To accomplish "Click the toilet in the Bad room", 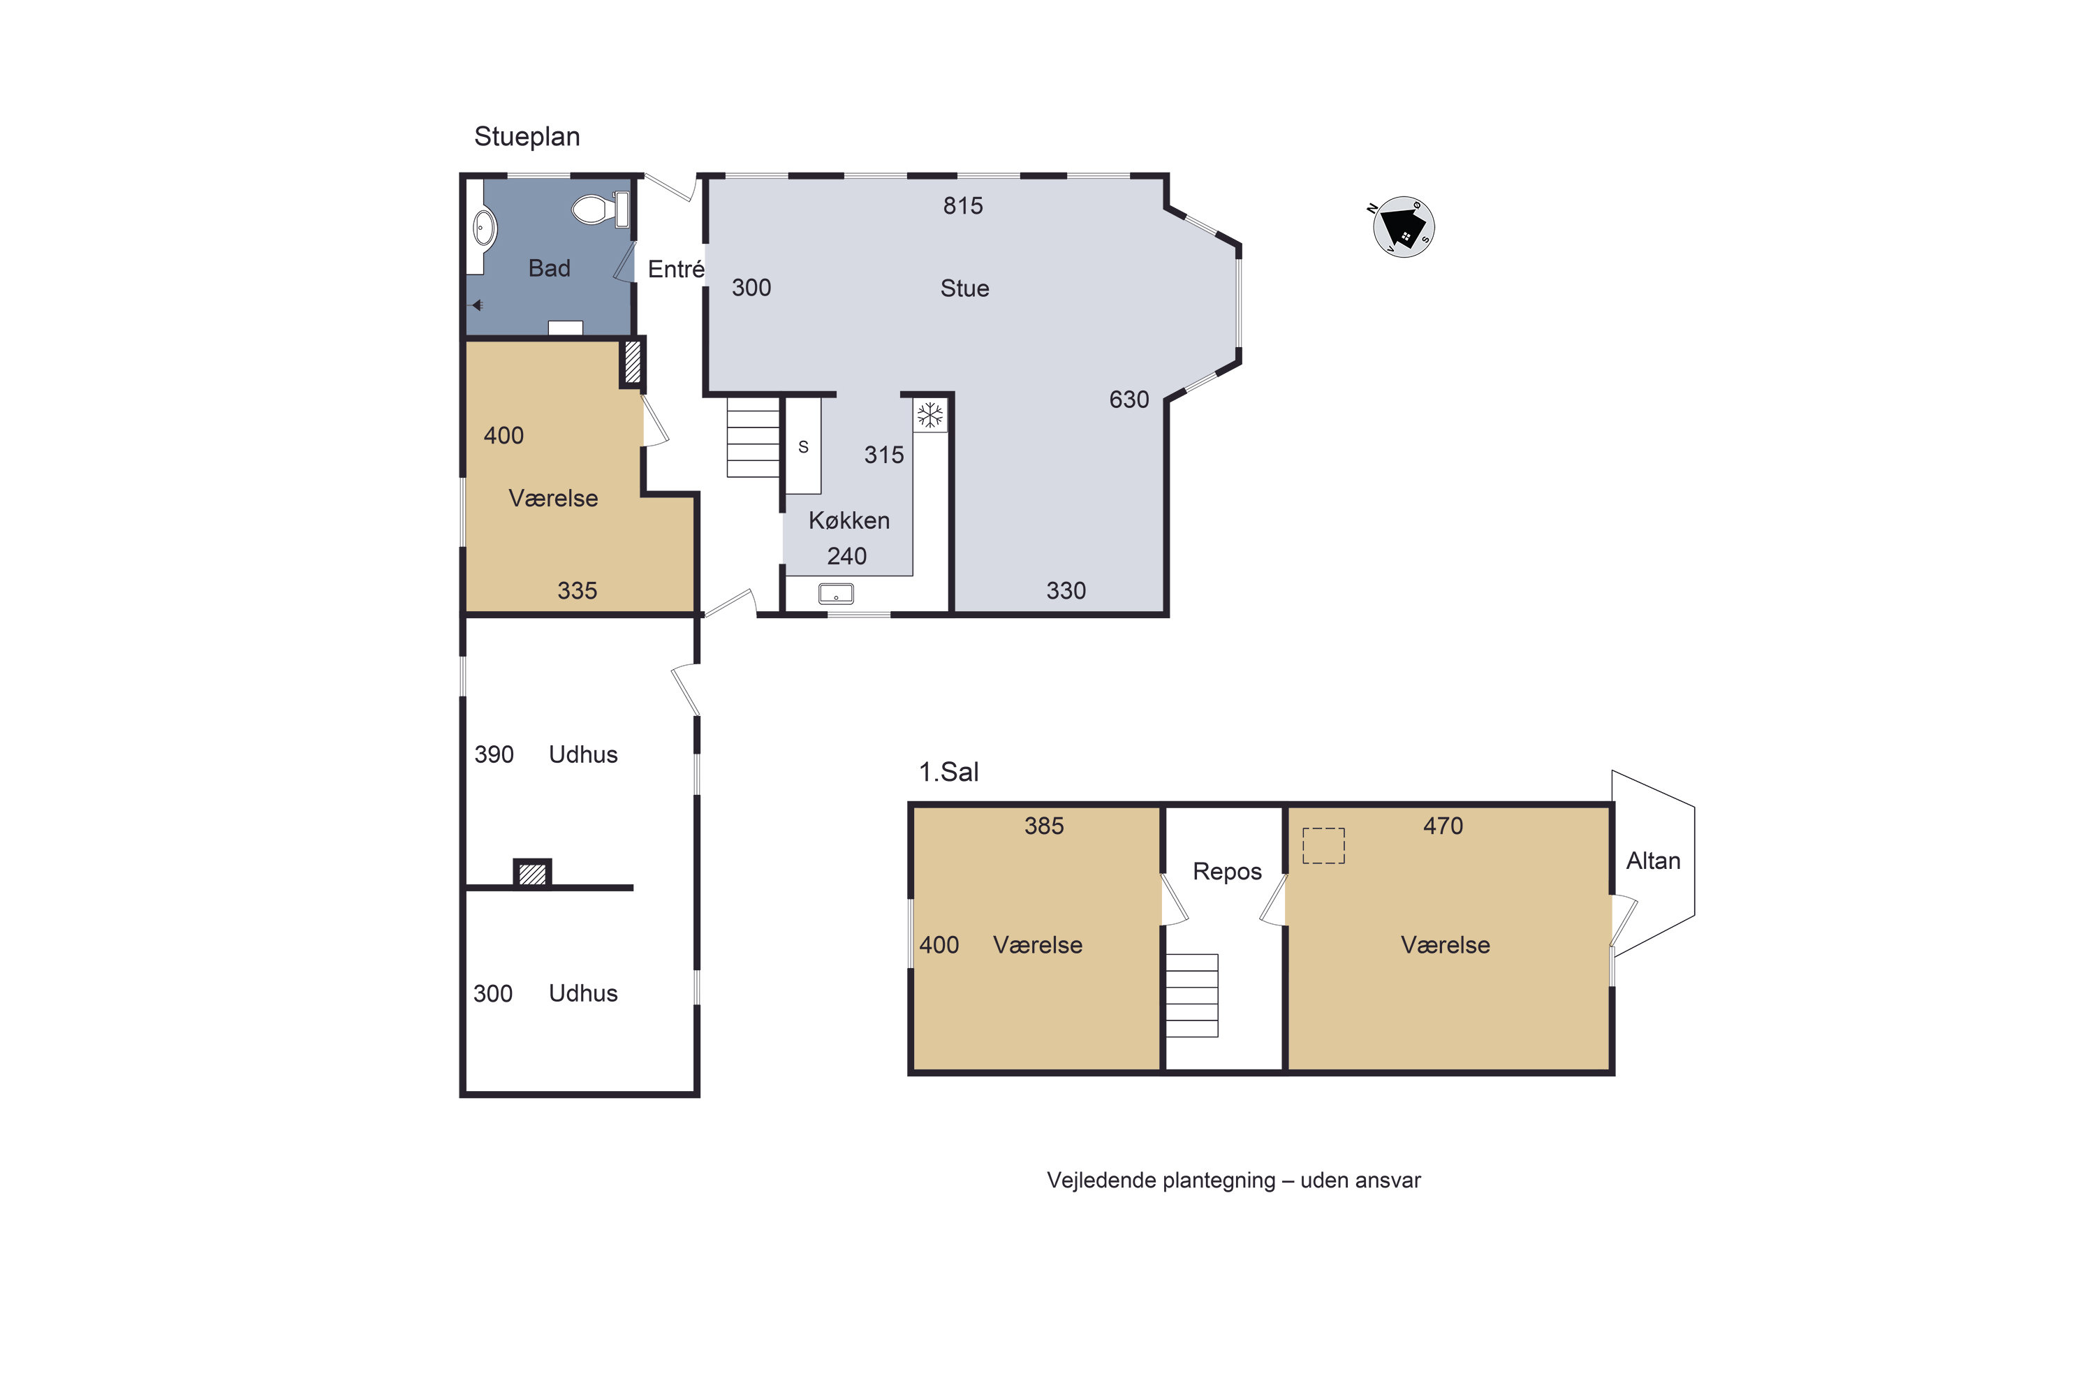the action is [601, 210].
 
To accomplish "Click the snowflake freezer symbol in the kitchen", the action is [930, 414].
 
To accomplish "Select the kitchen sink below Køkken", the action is [835, 593].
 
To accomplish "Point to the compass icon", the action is [1404, 227].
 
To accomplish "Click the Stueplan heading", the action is [527, 136].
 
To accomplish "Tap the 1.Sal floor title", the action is [948, 772].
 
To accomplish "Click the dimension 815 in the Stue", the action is [963, 206].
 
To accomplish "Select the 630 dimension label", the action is [1129, 399].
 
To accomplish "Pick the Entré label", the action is [676, 268].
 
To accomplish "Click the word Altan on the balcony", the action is [1653, 861].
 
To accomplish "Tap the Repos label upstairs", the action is [1226, 871].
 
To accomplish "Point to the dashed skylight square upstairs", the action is [1323, 845].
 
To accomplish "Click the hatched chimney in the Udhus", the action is [531, 873].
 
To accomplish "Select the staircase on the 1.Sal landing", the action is [1192, 995].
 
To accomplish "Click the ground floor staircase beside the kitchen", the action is [754, 437].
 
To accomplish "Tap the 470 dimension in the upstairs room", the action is [1443, 826].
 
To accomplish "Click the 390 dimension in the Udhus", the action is [494, 754].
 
